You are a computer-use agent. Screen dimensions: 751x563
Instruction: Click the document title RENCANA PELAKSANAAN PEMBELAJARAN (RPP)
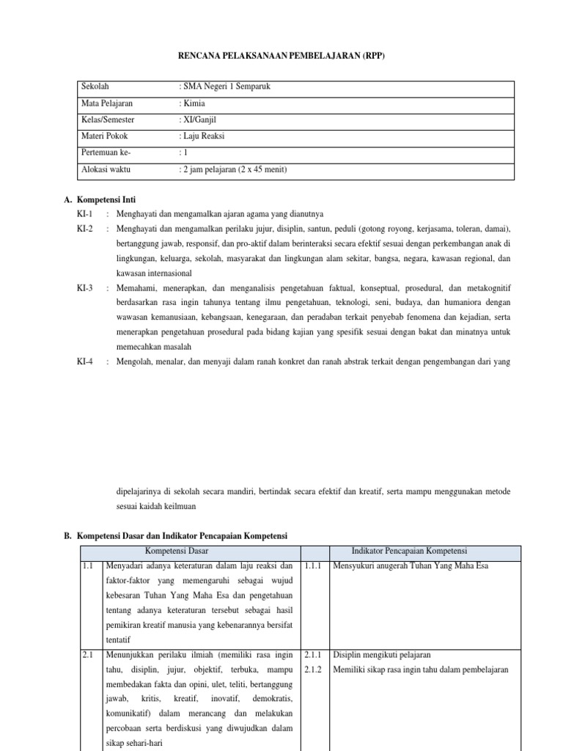[x=281, y=55]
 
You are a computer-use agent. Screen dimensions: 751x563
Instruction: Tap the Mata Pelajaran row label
[x=108, y=103]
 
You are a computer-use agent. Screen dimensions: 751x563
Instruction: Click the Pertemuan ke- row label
[x=108, y=153]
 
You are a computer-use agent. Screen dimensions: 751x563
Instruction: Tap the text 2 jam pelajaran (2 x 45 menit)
[x=234, y=170]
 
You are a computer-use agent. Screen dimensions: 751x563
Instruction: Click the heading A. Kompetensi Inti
[x=100, y=199]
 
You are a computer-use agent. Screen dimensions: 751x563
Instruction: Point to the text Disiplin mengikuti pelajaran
[x=382, y=655]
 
